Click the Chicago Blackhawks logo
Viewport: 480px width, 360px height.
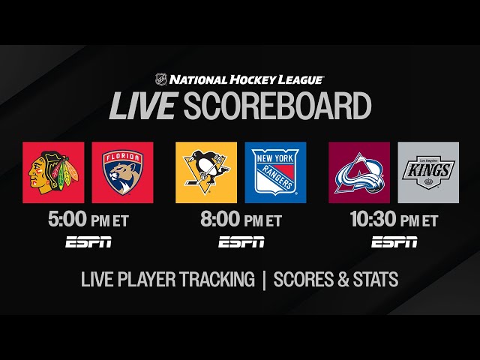pos(53,172)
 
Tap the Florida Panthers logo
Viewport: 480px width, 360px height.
pos(122,172)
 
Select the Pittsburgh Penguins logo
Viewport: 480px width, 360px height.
pos(205,172)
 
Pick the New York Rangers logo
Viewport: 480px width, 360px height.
pos(275,172)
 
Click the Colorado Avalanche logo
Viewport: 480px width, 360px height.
pos(358,172)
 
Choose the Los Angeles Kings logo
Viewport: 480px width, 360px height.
pos(427,172)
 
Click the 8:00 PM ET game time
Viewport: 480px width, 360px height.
pos(240,220)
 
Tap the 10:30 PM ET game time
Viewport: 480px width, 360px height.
pos(394,220)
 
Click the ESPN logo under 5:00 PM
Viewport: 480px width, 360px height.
pos(88,241)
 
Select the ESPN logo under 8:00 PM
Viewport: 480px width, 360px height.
pos(241,241)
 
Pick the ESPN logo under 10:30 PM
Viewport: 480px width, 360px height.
pos(394,241)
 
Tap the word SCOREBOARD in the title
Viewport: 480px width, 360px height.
pos(277,106)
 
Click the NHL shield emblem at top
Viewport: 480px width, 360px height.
pos(160,79)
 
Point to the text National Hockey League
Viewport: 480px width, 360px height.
pos(247,79)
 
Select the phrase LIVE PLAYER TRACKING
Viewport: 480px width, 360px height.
pos(168,280)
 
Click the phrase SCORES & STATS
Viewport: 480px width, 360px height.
pos(336,280)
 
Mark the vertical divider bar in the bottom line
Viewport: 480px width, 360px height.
pos(264,280)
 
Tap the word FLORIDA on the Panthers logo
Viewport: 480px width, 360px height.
pos(122,159)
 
